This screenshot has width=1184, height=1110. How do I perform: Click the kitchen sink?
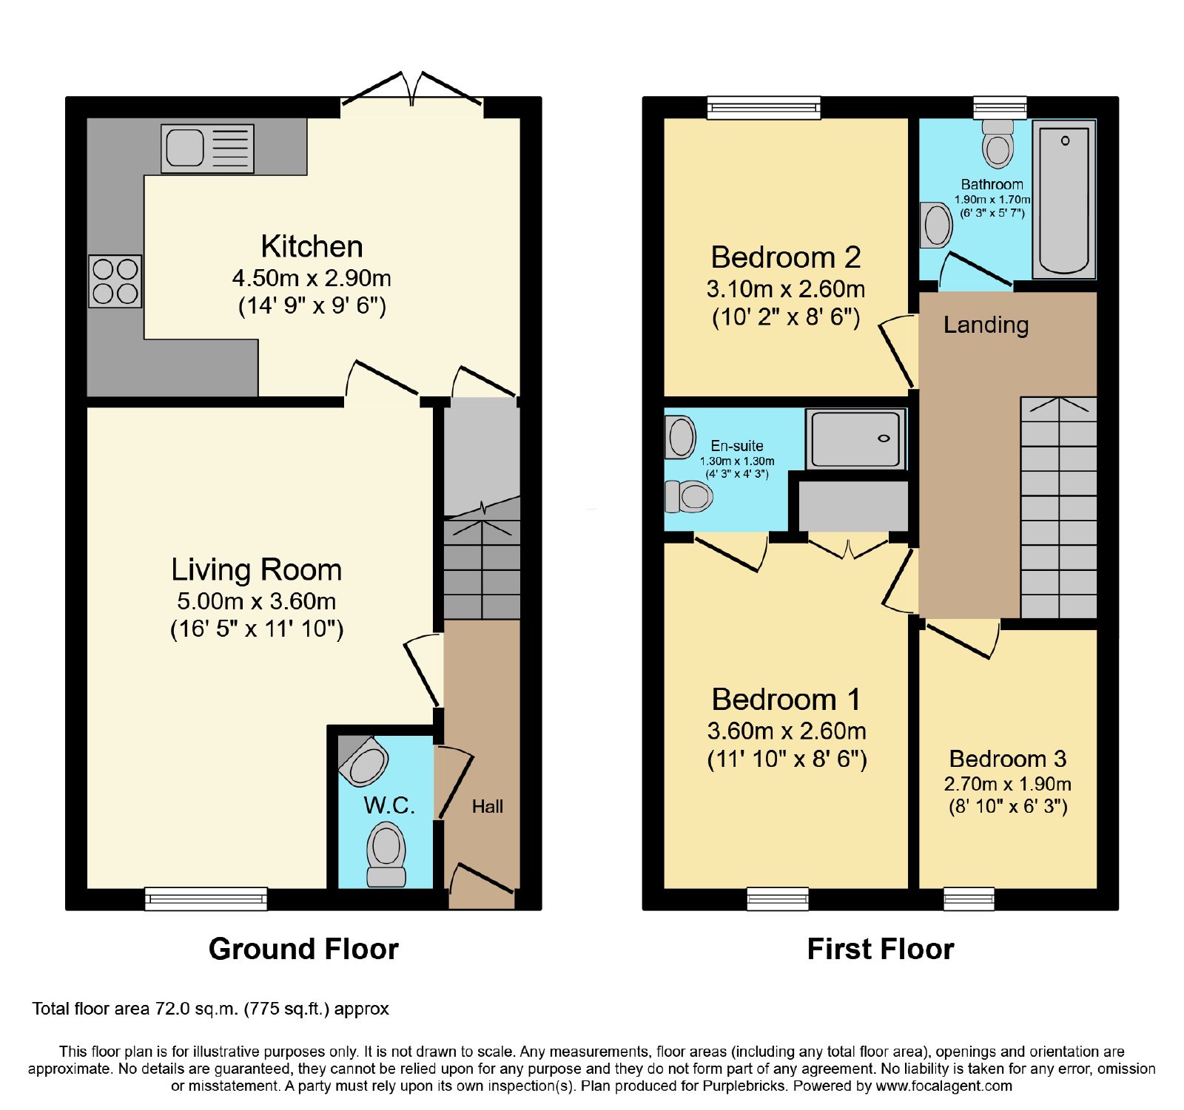(207, 149)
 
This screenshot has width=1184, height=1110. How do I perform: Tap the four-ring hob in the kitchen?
(115, 281)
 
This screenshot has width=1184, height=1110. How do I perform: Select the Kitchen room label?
(312, 246)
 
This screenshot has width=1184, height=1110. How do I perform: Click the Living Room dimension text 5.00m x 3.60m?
(257, 601)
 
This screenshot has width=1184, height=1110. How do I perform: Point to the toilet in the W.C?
(386, 855)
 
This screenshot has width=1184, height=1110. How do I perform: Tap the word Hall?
(488, 806)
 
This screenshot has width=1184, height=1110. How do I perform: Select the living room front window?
(206, 899)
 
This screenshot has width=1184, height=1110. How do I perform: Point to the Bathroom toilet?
(998, 143)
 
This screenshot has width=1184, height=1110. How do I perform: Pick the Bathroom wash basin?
(936, 225)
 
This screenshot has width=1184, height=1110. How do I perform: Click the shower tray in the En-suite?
(855, 439)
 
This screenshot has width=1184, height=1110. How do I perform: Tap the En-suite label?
(737, 446)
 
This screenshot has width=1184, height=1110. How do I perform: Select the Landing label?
(986, 325)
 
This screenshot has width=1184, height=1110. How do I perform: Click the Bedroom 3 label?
(1008, 759)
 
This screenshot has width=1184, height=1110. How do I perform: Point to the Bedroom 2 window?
(764, 108)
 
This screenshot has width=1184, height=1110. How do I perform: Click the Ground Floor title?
(303, 949)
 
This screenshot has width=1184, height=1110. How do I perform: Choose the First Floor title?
(881, 949)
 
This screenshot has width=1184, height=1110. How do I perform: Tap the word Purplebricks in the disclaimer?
(744, 1086)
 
